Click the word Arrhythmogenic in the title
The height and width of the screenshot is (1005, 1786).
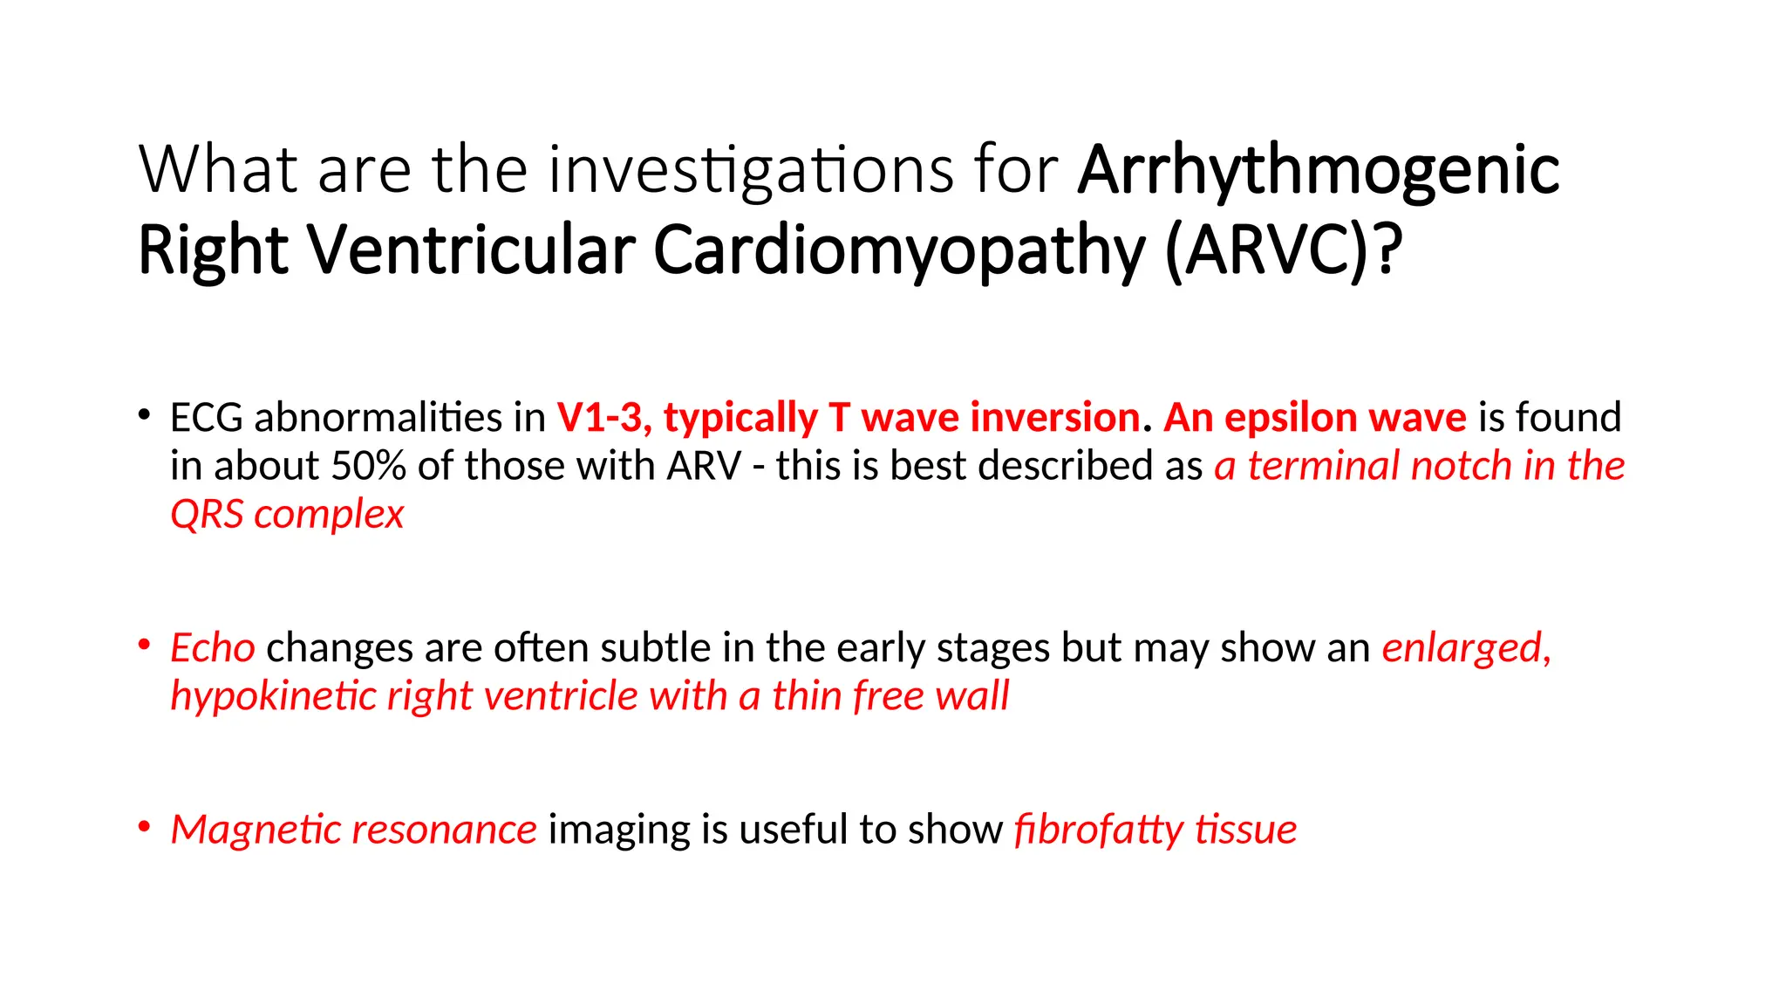1318,170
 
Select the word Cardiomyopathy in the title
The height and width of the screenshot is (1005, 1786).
898,250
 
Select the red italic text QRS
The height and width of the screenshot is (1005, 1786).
207,515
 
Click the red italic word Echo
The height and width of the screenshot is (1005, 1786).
212,648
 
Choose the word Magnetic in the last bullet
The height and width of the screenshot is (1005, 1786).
256,830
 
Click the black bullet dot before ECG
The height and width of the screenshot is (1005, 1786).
144,414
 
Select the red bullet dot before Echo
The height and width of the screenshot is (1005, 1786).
144,646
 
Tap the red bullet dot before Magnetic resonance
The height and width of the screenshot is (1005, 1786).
144,826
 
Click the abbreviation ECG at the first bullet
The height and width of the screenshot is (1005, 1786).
206,418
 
